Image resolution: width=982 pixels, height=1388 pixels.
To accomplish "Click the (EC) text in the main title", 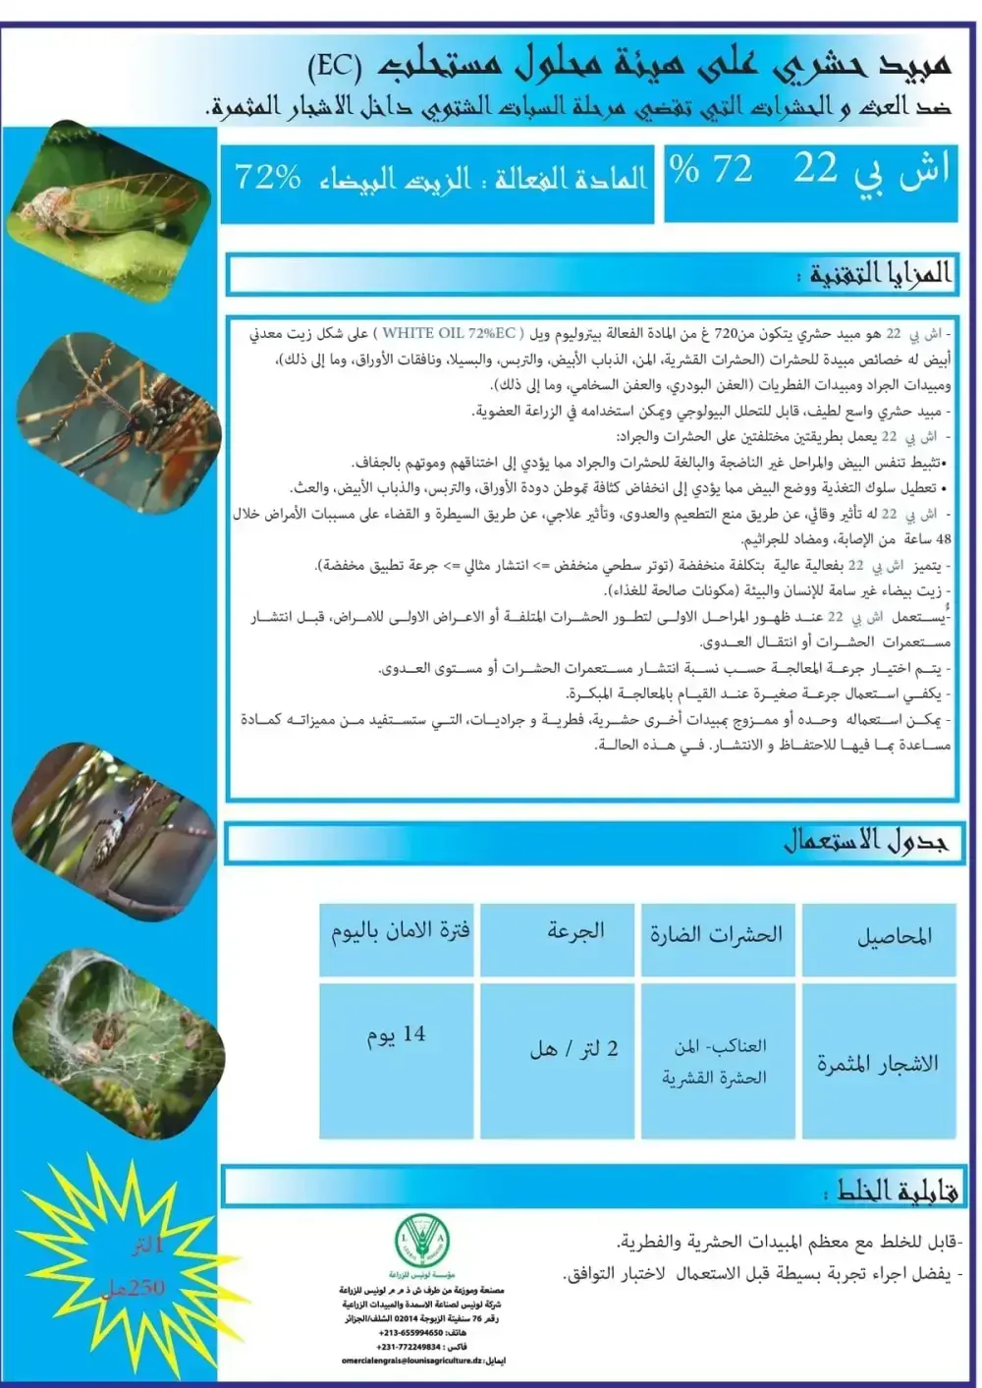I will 335,66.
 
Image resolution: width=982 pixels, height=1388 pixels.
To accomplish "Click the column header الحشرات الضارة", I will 716,935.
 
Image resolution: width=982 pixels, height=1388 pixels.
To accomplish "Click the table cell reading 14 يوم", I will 396,1035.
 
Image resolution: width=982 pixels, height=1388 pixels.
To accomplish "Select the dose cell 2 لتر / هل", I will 574,1049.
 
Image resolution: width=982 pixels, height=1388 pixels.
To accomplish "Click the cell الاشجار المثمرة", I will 878,1064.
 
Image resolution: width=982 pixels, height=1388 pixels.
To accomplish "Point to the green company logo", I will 421,1240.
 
